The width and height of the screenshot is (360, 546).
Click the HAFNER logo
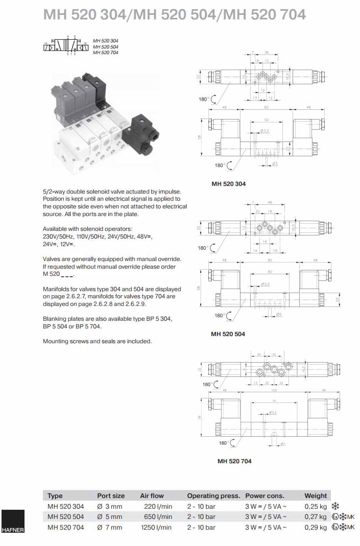(12, 521)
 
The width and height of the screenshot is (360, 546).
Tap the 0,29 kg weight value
(315, 528)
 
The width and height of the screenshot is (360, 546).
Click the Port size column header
(111, 495)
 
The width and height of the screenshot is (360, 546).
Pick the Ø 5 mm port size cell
(110, 517)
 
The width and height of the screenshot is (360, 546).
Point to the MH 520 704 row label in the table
(65, 528)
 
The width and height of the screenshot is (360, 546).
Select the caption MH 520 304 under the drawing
(228, 184)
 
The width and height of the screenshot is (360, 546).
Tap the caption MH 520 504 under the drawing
(228, 334)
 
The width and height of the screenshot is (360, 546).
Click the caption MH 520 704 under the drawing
(234, 461)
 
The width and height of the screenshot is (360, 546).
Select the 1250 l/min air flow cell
(156, 528)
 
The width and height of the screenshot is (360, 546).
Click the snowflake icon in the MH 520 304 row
(335, 506)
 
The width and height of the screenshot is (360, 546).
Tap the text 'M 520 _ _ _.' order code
(59, 275)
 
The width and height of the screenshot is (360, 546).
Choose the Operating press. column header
(213, 495)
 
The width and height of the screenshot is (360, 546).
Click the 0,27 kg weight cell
(315, 517)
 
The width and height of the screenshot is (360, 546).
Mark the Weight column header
(316, 495)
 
